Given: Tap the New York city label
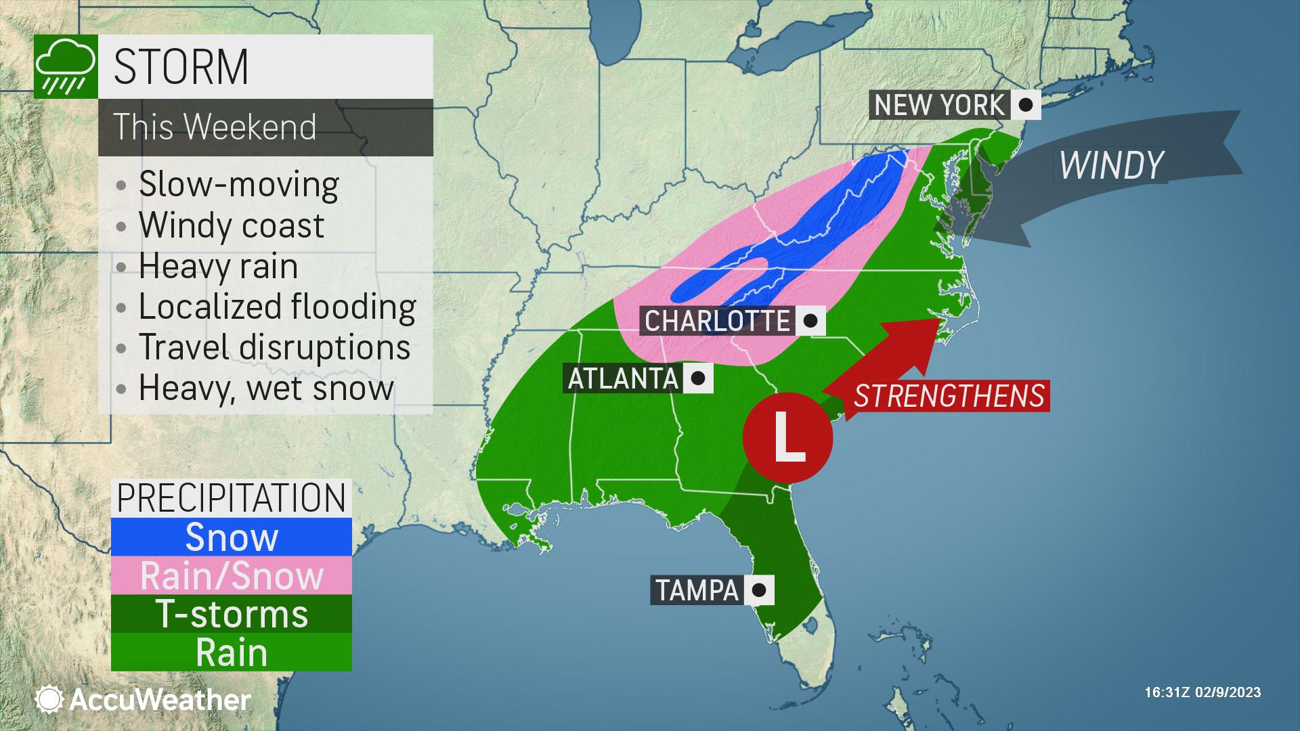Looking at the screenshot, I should (939, 105).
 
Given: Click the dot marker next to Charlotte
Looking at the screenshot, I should (810, 320).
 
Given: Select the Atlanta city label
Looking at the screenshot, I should (622, 378).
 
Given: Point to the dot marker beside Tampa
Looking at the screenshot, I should (759, 590).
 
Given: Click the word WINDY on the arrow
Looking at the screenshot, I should (1110, 164).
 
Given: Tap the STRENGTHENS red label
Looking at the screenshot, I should (949, 396).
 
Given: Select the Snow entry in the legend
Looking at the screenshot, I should (232, 537).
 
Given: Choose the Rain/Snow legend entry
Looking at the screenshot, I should (232, 576).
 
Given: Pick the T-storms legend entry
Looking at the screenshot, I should (232, 614).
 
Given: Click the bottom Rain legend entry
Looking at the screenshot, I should (232, 652).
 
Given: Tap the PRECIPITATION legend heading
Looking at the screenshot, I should (232, 498).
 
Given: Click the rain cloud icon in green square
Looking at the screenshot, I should (65, 67).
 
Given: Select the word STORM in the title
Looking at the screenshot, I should (181, 66).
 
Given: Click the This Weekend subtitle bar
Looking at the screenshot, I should (265, 127).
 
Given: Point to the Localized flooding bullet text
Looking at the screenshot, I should (277, 307).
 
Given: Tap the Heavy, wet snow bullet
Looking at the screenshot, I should (266, 388).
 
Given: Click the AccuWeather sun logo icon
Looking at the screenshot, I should (49, 699).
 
